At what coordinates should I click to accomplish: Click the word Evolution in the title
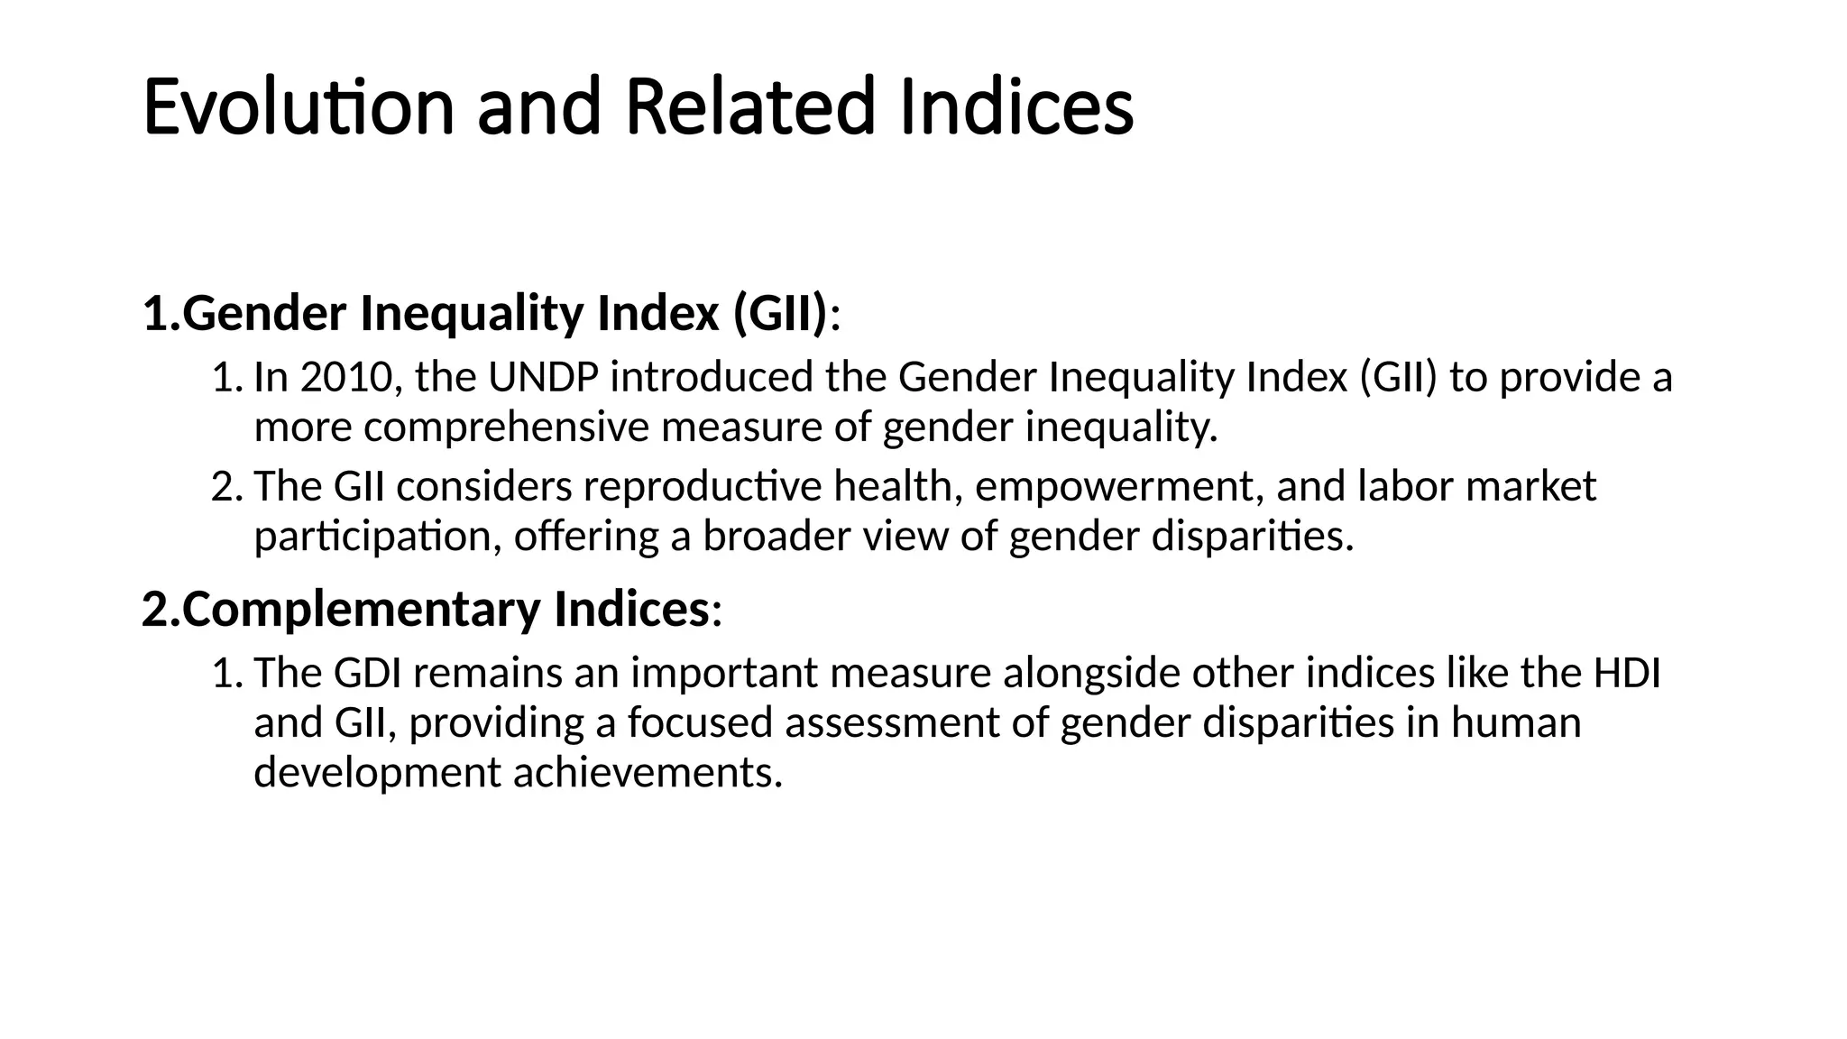pyautogui.click(x=299, y=107)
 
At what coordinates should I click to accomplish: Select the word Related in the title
pyautogui.click(x=749, y=107)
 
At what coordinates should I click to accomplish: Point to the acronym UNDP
pyautogui.click(x=543, y=377)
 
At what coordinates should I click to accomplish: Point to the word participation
pyautogui.click(x=377, y=538)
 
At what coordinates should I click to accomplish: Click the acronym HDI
pyautogui.click(x=1627, y=673)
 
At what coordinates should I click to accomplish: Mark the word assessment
pyautogui.click(x=892, y=723)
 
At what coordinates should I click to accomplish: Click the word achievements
pyautogui.click(x=648, y=773)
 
